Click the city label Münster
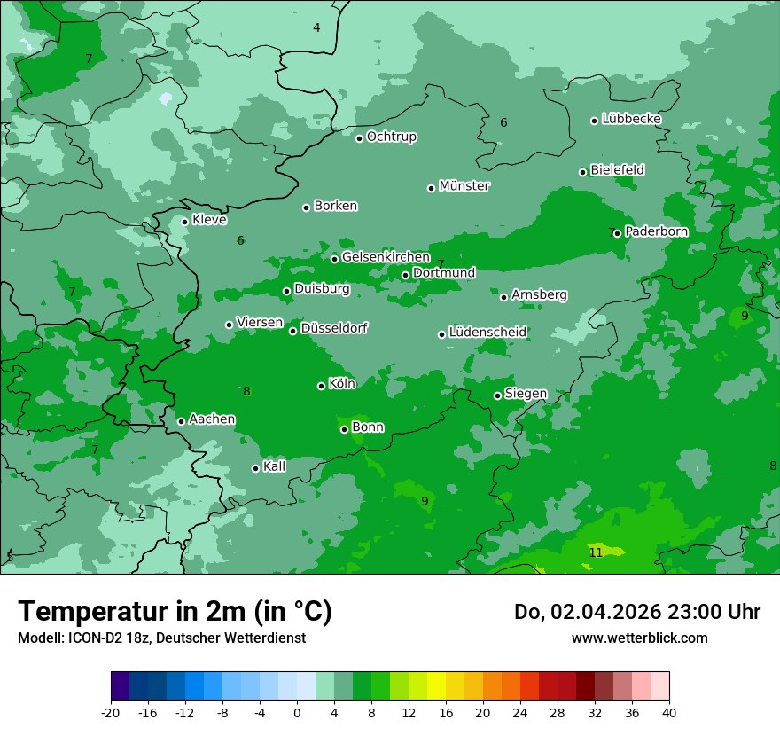tap(464, 186)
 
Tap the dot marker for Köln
tap(321, 386)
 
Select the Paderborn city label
tap(656, 231)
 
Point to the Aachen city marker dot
tap(181, 421)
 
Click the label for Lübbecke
tap(631, 119)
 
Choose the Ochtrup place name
tap(391, 137)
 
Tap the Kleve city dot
tap(184, 222)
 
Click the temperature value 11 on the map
tap(596, 552)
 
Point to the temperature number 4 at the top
tap(316, 27)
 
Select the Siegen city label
tap(526, 394)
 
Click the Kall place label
tap(275, 466)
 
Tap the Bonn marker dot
tap(344, 429)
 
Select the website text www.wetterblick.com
tap(639, 638)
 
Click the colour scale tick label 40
tap(669, 713)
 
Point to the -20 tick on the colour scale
tap(111, 713)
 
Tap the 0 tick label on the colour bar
tap(297, 713)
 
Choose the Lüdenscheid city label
tap(487, 333)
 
